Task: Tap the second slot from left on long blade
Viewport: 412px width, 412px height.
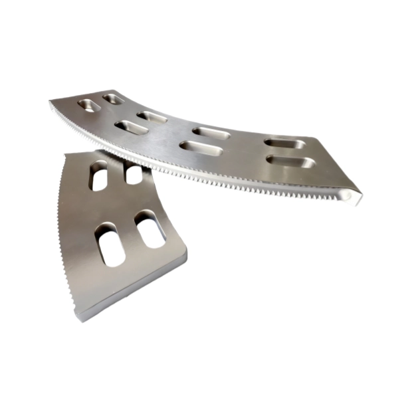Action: pos(114,99)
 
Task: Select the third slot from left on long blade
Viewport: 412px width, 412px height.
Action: pos(130,127)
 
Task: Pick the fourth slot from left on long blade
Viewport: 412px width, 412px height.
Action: pos(152,117)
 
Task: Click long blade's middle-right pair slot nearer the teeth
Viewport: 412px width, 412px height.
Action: pos(200,148)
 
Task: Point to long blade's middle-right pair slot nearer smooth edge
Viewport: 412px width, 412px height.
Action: pos(211,133)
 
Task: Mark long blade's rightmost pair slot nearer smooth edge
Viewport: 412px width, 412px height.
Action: pos(284,142)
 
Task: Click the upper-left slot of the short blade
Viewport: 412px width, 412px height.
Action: pos(99,176)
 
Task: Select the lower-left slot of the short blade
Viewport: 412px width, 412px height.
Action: pos(109,244)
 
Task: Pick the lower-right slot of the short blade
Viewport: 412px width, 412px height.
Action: pos(150,229)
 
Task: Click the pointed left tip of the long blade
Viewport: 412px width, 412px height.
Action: pos(51,101)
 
